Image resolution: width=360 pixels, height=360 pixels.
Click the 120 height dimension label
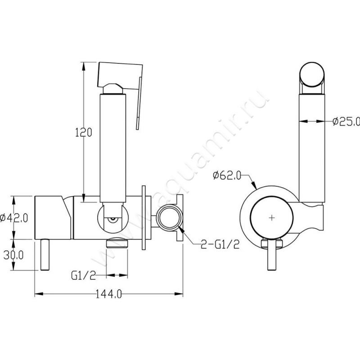(84, 132)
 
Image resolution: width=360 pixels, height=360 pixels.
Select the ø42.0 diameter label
(14, 217)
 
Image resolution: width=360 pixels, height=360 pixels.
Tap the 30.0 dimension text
(13, 255)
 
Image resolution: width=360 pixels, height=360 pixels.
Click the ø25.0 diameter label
(346, 121)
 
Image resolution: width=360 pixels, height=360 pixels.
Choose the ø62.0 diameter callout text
(227, 175)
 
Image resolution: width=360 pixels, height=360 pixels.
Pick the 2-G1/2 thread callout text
(220, 244)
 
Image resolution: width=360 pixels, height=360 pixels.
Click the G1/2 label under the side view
(84, 275)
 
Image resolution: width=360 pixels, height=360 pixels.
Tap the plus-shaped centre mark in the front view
(272, 217)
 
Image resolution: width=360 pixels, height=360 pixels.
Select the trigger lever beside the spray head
(139, 103)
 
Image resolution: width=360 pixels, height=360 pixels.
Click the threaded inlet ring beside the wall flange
(169, 217)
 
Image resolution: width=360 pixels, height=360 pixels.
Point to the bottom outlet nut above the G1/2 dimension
(117, 243)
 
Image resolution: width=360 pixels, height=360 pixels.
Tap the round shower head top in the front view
(312, 74)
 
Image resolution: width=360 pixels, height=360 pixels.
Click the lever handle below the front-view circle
(272, 255)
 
